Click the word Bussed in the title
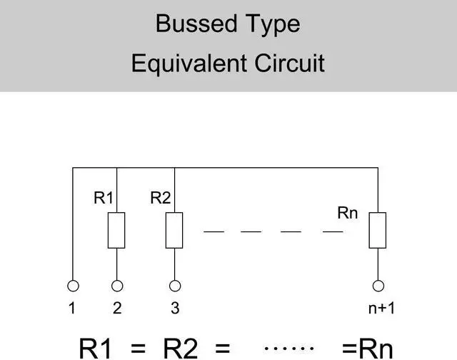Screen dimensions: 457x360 coord(196,24)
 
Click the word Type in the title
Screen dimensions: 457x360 coord(273,25)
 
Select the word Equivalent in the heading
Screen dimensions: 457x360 coord(189,64)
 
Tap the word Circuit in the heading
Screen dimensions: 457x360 coord(289,63)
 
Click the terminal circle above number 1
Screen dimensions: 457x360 coord(73,281)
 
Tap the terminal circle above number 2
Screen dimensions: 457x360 coord(117,281)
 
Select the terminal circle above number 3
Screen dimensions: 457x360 coord(175,281)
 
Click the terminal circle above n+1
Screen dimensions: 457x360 coord(378,281)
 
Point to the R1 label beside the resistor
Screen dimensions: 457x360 coord(104,198)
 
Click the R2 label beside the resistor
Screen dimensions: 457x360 coord(160,198)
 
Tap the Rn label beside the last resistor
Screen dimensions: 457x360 coord(348,213)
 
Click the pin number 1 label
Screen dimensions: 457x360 coord(72,308)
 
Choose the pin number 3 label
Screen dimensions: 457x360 coord(175,308)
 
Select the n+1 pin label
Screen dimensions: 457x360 coord(381,308)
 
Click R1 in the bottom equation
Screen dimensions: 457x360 coord(95,349)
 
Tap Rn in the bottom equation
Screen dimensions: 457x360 coord(376,349)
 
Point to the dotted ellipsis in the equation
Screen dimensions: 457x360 coord(288,348)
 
